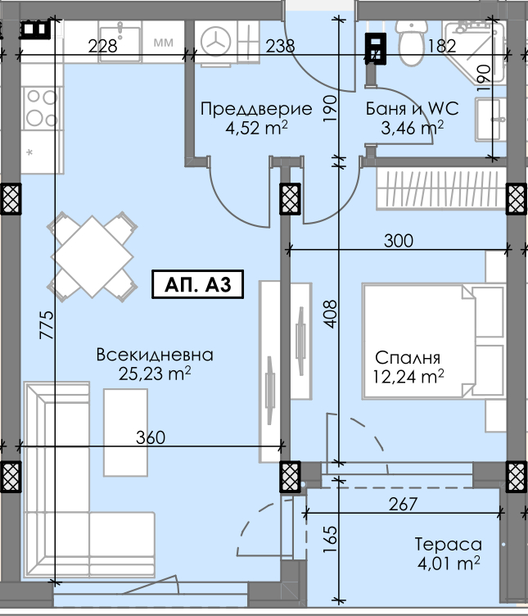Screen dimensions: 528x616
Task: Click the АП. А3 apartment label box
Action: (198, 284)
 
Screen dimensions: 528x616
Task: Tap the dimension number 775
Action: (47, 324)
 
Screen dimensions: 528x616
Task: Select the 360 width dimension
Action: (151, 437)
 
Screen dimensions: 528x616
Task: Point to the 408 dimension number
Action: (331, 314)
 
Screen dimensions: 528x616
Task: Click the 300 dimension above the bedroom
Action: (399, 241)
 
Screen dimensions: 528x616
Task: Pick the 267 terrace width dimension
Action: (404, 504)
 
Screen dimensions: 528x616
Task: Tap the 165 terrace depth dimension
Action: (331, 539)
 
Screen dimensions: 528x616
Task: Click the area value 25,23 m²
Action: (155, 374)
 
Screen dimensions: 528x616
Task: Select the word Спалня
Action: (408, 357)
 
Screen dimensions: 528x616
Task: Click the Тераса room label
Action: (449, 545)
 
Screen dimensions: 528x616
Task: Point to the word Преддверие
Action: (256, 108)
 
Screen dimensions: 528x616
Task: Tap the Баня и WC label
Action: (413, 108)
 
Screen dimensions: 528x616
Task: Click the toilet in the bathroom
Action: (412, 43)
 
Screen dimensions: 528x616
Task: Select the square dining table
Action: (93, 256)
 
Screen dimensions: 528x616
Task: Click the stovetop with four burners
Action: (42, 108)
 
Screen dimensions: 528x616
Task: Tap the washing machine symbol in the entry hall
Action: (215, 42)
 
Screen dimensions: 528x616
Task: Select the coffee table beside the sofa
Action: (125, 433)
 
